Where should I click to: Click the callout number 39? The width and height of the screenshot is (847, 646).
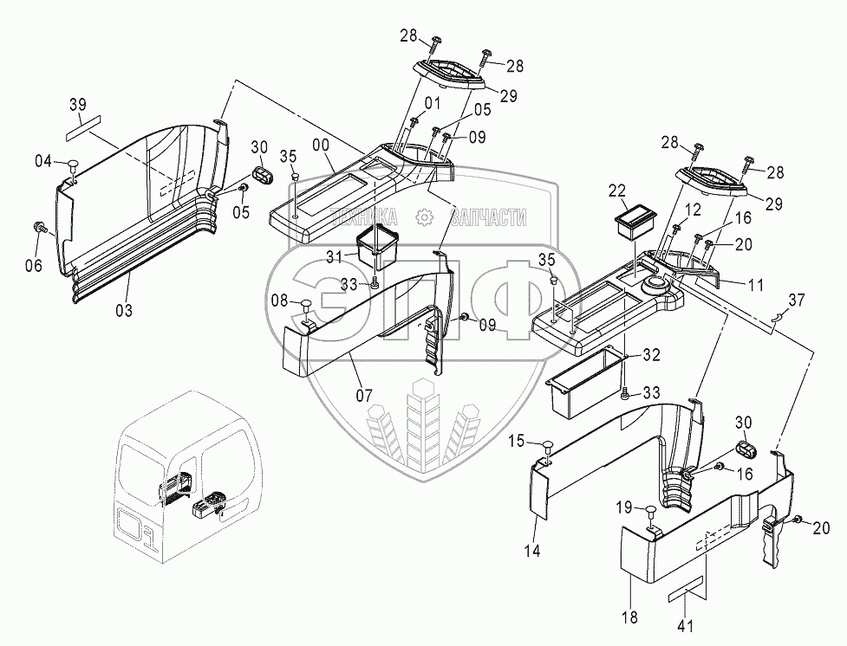click(x=79, y=105)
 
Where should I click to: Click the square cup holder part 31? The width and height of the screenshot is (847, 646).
click(x=378, y=247)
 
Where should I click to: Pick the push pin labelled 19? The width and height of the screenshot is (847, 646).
click(x=651, y=510)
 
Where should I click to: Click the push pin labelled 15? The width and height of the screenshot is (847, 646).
click(x=546, y=445)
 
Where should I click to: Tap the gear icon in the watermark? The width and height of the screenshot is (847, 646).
click(x=424, y=217)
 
